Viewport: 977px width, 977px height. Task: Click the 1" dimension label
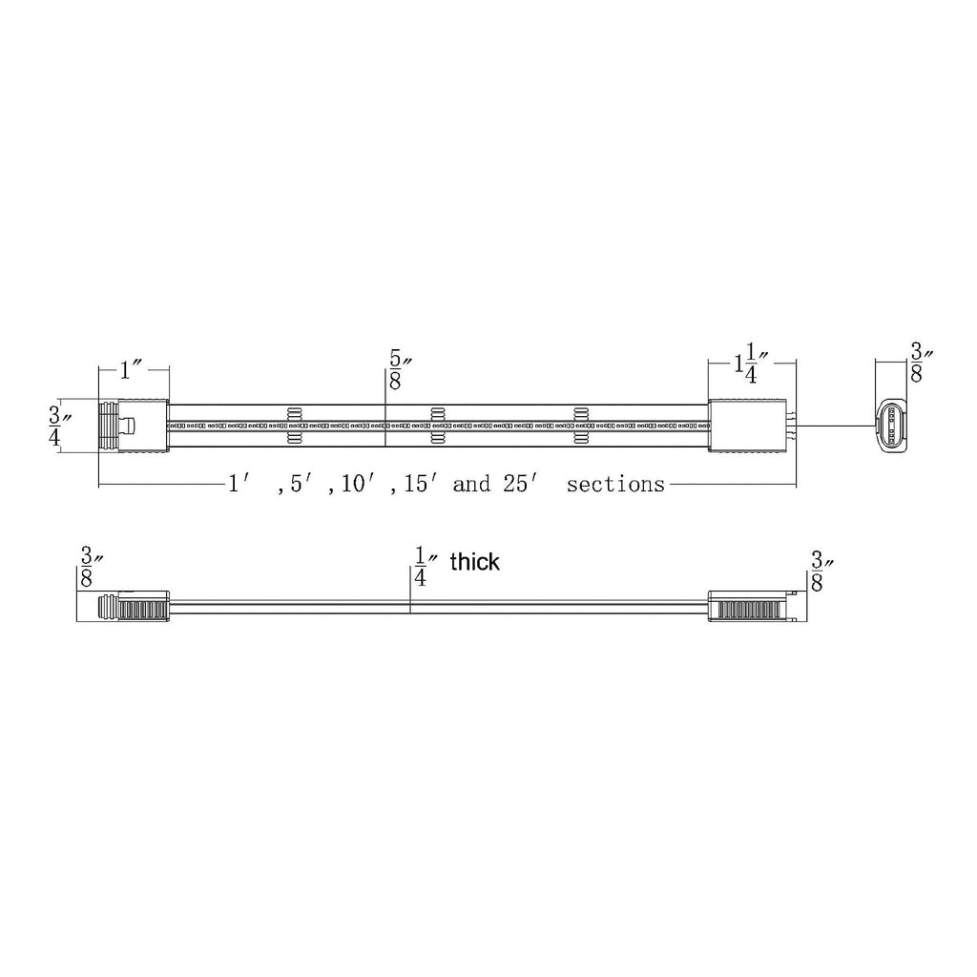pyautogui.click(x=133, y=371)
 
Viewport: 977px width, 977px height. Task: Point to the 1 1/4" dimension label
pyautogui.click(x=751, y=364)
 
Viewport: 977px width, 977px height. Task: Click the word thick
pyautogui.click(x=475, y=561)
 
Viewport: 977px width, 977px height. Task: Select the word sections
pyautogui.click(x=615, y=484)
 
